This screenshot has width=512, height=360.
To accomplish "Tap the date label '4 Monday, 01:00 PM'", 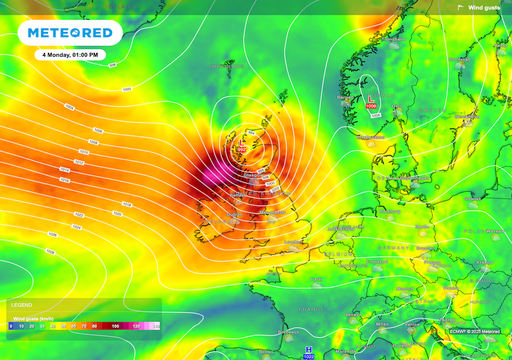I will (70, 54).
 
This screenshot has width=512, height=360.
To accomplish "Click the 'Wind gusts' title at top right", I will (487, 7).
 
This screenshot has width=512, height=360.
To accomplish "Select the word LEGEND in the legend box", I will (22, 304).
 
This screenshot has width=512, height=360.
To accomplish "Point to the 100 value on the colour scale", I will (115, 326).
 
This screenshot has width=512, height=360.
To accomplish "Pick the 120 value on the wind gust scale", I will (137, 326).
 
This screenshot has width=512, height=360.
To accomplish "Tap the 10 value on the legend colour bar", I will (21, 326).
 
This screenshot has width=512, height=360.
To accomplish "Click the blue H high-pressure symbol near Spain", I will (308, 349).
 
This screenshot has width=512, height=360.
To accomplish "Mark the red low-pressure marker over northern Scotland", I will (239, 148).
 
